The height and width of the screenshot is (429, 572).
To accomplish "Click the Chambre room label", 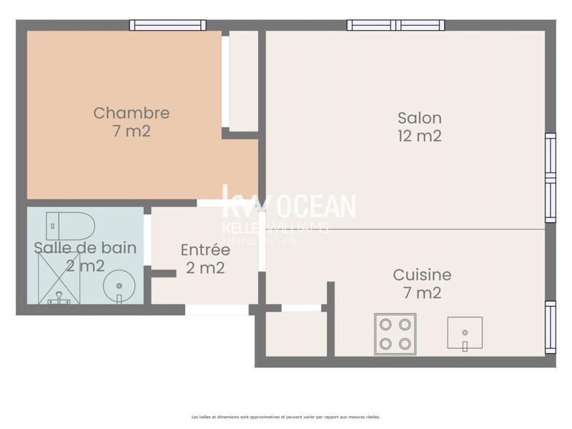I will coord(132,122).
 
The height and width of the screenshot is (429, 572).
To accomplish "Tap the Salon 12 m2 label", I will coord(420,127).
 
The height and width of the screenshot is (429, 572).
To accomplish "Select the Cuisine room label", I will coord(422,283).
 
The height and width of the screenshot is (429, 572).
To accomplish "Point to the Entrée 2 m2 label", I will coord(205,259).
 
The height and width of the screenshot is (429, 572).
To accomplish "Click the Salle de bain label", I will coord(85,257).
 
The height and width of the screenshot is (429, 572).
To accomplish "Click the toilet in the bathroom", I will coord(70,226).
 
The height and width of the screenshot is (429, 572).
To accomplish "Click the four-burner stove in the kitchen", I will coord(395,333).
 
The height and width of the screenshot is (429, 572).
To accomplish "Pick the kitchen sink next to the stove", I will coord(465,333).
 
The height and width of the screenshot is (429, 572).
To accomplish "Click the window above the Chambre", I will coord(168,25).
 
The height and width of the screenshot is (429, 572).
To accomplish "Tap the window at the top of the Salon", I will coord(396,25).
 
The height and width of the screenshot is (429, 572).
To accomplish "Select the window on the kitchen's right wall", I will coord(550,327).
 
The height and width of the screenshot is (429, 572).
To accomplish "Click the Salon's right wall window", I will coord(550,177).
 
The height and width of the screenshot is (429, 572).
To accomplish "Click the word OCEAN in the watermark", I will coord(315,207).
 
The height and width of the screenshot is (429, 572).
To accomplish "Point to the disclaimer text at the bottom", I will coord(286,416).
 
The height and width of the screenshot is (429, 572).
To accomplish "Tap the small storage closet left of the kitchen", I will coord(295,334).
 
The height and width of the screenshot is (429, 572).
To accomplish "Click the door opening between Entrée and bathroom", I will coord(147,240).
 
